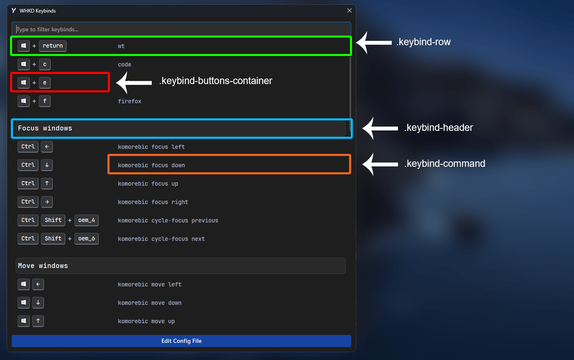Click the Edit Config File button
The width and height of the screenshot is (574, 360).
pos(181,341)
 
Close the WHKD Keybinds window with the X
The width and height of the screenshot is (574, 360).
pos(349,10)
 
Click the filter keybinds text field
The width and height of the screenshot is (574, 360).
pos(181,29)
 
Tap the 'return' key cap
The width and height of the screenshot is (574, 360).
pos(53,46)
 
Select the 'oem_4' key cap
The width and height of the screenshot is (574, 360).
pos(87,220)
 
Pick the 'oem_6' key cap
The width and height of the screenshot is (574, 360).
pos(87,239)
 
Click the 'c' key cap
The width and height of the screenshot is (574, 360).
pos(45,64)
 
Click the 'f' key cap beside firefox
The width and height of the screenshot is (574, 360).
pos(45,101)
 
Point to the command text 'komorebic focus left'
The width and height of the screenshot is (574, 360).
pos(151,147)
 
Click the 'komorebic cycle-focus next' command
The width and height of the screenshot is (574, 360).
pos(161,239)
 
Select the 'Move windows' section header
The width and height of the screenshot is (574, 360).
pos(181,266)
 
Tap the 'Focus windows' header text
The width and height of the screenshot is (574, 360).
pos(45,128)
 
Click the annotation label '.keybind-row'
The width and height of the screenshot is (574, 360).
pos(423,42)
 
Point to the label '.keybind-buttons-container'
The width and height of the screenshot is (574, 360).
pos(215,81)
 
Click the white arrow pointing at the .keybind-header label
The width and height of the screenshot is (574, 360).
pos(380,128)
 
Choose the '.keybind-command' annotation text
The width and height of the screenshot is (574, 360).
pos(444,163)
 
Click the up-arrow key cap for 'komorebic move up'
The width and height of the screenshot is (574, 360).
pos(38,321)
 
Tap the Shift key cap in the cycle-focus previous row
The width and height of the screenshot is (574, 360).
pos(53,220)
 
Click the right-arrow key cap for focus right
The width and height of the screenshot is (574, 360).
pos(47,202)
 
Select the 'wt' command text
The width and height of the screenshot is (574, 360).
pos(121,46)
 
